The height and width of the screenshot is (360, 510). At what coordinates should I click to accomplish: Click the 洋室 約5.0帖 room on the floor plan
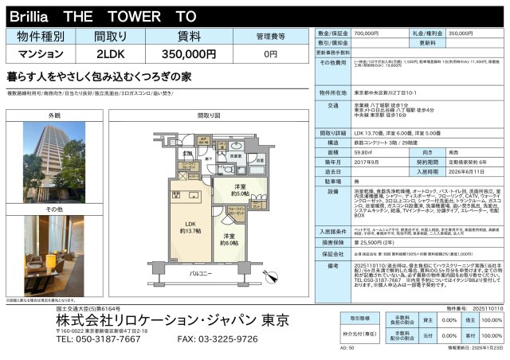(x=240, y=192)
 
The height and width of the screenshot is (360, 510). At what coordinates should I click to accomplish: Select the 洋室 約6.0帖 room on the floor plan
(x=229, y=237)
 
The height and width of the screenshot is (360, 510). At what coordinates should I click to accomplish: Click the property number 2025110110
(x=485, y=307)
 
